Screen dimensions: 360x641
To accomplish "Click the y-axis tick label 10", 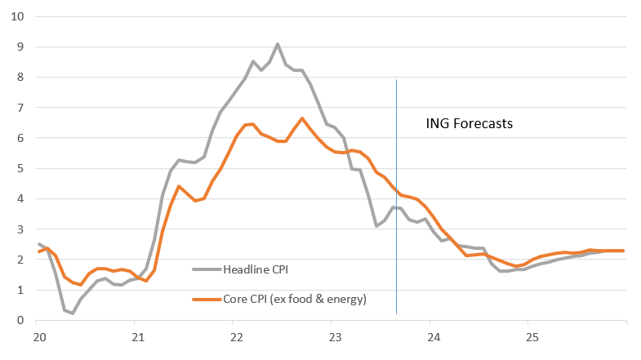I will pyautogui.click(x=18, y=16).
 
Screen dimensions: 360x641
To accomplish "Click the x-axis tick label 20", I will pyautogui.click(x=38, y=337).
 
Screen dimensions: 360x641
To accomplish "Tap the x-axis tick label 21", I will pyautogui.click(x=137, y=337).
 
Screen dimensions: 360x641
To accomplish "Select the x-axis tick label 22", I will pyautogui.click(x=236, y=337).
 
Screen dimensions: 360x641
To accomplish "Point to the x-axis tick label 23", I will pyautogui.click(x=334, y=337).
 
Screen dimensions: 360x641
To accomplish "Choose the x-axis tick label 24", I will pyautogui.click(x=433, y=337).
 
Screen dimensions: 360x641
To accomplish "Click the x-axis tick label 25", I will pyautogui.click(x=532, y=337).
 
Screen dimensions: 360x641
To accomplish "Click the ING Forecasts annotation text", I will pyautogui.click(x=470, y=125).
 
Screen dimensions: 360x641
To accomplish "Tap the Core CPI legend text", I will pyautogui.click(x=295, y=299).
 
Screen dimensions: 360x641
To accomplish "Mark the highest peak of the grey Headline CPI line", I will pyautogui.click(x=278, y=44).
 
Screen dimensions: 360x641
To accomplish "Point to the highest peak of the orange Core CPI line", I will pyautogui.click(x=302, y=118).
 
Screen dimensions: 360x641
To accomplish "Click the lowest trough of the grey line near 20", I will pyautogui.click(x=72, y=313).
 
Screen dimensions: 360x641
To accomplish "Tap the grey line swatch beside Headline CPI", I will pyautogui.click(x=207, y=269).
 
